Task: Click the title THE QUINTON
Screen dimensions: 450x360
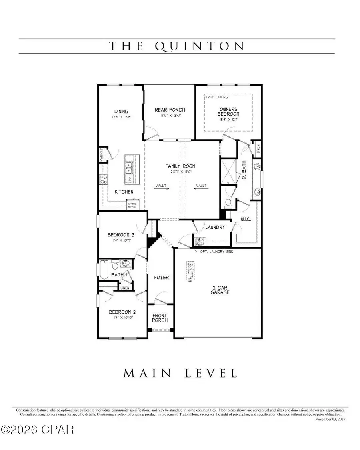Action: [177, 46]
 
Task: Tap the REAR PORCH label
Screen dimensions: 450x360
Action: [170, 110]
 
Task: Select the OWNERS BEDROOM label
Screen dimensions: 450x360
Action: [228, 111]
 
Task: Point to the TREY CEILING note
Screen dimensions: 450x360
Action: [216, 97]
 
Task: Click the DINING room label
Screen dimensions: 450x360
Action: [120, 112]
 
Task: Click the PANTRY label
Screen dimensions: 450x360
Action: [102, 155]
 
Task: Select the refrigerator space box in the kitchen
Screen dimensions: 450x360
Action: [131, 204]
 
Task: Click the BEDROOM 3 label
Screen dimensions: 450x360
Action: [120, 235]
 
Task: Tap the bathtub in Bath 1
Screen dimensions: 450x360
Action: [104, 270]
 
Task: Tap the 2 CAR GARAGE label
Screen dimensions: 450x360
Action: [220, 290]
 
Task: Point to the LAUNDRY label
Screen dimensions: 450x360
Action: [214, 227]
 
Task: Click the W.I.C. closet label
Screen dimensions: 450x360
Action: [245, 219]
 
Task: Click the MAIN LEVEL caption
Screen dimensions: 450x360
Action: [180, 373]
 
